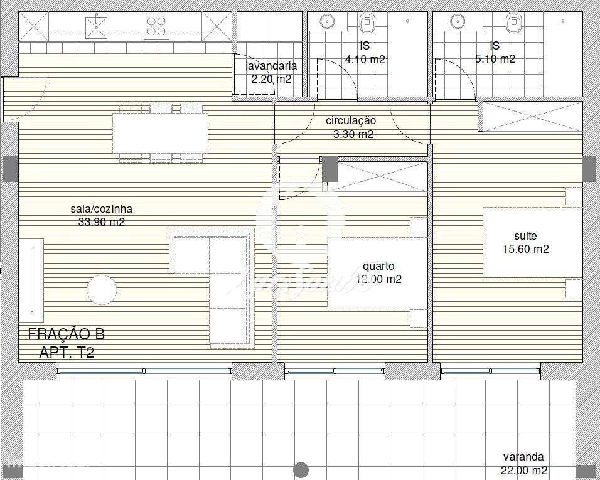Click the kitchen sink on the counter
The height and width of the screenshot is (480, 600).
(x=95, y=26)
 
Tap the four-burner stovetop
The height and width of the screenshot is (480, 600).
(x=157, y=26)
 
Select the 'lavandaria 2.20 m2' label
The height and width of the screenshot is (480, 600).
(x=271, y=72)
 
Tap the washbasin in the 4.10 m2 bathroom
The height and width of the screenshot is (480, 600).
(x=326, y=21)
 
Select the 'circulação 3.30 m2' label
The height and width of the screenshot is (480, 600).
(x=350, y=127)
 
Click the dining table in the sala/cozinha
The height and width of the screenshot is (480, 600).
(x=161, y=133)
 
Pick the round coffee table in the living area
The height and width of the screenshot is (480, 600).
(x=102, y=290)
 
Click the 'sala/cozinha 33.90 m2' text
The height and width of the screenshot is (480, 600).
(x=101, y=215)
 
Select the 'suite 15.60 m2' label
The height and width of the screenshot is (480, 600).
(x=525, y=242)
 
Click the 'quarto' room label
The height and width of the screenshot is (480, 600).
(x=378, y=266)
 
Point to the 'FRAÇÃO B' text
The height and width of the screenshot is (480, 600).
(x=66, y=334)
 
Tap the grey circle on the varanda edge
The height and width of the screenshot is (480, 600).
(x=301, y=469)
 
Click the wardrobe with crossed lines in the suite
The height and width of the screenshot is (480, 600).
(x=530, y=117)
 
